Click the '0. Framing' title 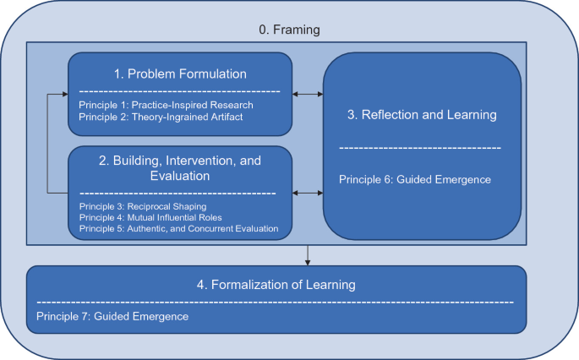point(289,30)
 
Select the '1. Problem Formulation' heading point(180,74)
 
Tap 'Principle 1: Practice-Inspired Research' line point(167,105)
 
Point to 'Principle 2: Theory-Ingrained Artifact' point(161,117)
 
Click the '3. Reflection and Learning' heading point(422,115)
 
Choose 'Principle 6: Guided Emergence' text point(415,179)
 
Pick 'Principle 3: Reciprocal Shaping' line point(143,206)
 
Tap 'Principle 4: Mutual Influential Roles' point(150,217)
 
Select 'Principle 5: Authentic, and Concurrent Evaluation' point(178,228)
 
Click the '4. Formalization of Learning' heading point(276,285)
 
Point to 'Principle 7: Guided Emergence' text point(112,316)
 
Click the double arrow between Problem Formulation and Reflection point(308,94)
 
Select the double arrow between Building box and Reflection point(308,193)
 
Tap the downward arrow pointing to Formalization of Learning point(307,255)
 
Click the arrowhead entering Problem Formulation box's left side point(65,94)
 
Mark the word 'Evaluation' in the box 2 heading point(180,176)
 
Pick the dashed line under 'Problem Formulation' point(180,91)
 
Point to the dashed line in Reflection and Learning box point(420,148)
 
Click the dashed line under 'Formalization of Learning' point(276,303)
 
